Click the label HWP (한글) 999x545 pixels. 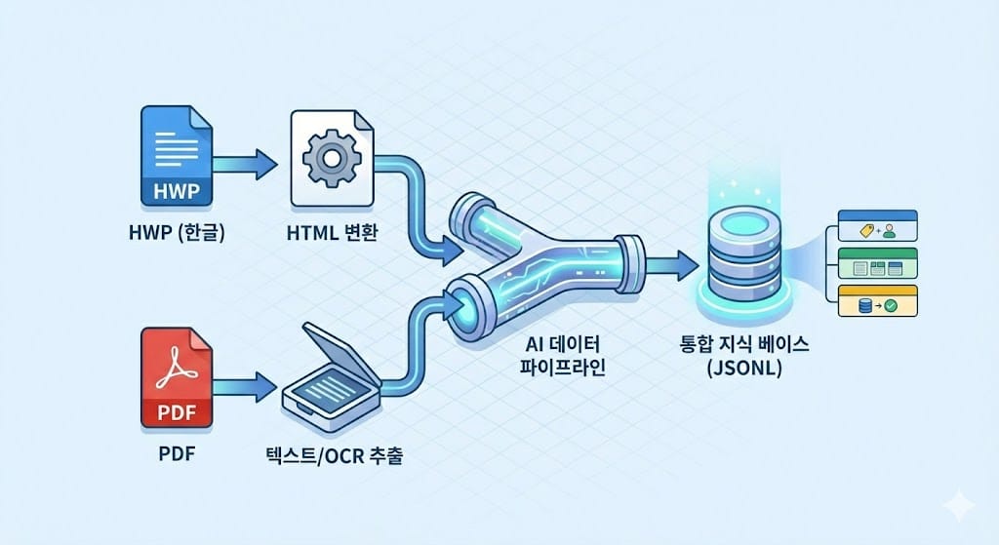pyautogui.click(x=176, y=233)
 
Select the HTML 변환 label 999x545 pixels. pyautogui.click(x=331, y=233)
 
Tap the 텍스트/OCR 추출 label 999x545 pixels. pyautogui.click(x=331, y=455)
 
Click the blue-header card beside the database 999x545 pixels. pyautogui.click(x=878, y=227)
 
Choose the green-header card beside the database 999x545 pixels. pyautogui.click(x=878, y=263)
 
